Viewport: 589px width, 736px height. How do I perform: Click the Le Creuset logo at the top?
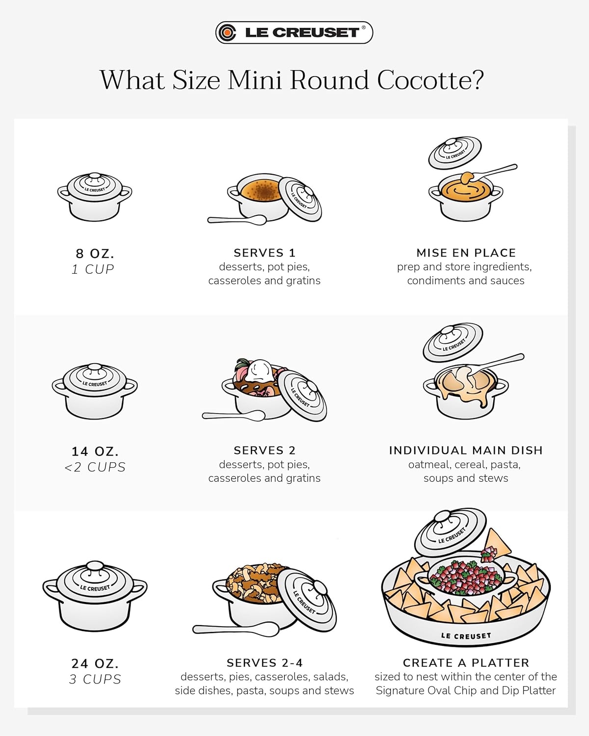294,32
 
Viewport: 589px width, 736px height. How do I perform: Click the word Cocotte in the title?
430,80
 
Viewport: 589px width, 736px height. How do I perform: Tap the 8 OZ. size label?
95,254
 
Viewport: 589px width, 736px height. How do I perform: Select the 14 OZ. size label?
95,451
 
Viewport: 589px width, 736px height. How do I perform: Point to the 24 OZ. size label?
95,663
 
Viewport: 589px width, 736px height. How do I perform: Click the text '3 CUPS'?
95,680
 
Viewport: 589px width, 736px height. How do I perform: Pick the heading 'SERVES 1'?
264,253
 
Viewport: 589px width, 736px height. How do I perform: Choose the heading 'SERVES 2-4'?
264,663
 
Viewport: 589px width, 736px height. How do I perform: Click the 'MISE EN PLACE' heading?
466,253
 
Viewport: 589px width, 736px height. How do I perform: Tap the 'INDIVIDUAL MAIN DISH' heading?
466,450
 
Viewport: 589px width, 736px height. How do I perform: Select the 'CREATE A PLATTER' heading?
466,663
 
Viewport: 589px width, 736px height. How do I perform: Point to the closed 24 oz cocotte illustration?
95,596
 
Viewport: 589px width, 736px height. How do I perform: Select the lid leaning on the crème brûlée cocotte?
300,199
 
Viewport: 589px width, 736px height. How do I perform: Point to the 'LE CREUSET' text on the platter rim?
465,636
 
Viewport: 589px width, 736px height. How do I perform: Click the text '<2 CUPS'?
95,467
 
